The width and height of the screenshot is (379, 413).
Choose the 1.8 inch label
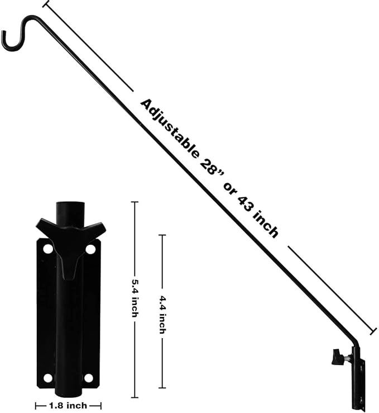click(68, 406)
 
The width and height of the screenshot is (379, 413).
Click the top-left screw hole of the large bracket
click(48, 248)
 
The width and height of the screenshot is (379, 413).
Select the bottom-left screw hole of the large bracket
click(48, 378)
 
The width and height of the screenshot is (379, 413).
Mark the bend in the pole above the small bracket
click(354, 344)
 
